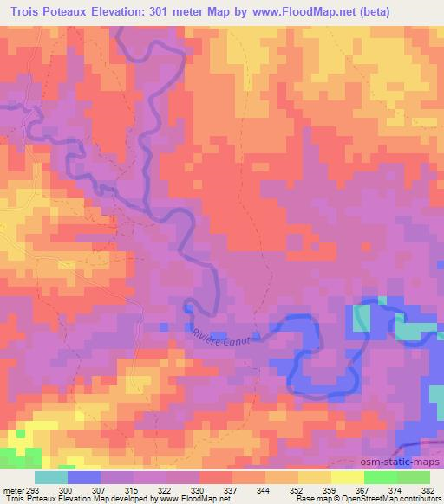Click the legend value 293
click(32, 489)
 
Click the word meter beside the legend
click(11, 489)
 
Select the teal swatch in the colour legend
click(51, 477)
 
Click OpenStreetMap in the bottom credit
click(371, 499)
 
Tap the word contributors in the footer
click(419, 499)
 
